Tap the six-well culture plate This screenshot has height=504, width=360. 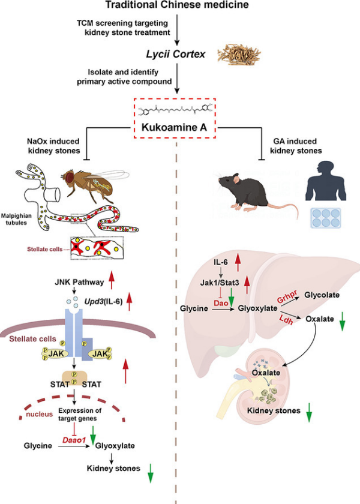pos(325,218)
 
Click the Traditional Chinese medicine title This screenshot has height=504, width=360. pos(178,5)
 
